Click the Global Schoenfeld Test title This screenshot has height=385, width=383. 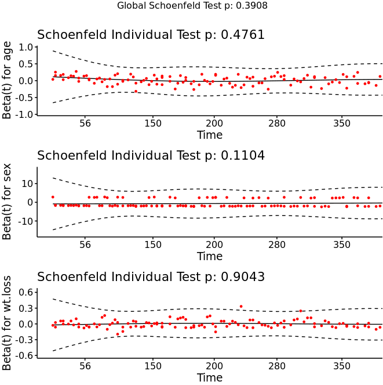tap(192, 6)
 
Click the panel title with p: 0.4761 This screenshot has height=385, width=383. tap(151, 35)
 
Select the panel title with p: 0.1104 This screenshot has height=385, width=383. tap(151, 156)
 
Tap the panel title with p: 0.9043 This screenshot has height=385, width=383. tap(151, 276)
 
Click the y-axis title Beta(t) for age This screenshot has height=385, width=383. tap(7, 81)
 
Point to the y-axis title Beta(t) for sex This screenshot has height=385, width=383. tap(7, 202)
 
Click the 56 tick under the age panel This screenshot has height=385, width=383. tap(85, 123)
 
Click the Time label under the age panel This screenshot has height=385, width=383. tap(209, 135)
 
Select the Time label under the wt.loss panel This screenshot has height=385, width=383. tap(209, 377)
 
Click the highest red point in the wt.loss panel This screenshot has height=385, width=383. tap(241, 306)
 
